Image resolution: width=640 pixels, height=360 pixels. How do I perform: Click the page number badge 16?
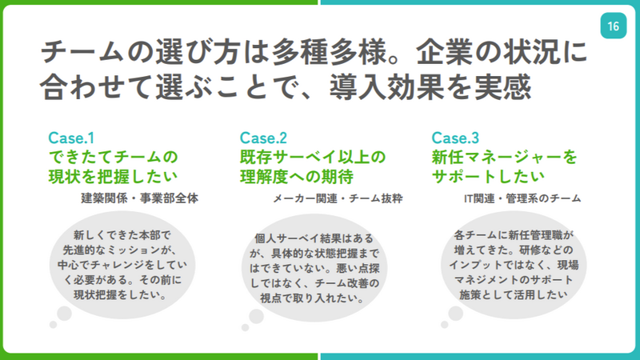(613, 26)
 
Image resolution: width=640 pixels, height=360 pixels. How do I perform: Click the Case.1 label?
(71, 138)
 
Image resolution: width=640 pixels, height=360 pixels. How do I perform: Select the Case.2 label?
(263, 138)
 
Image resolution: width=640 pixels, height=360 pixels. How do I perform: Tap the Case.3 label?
(455, 138)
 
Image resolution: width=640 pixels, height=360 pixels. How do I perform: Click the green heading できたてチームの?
(113, 157)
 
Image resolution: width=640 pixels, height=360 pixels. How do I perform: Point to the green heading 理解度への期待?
(297, 177)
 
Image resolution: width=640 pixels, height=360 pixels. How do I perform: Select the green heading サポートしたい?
(488, 177)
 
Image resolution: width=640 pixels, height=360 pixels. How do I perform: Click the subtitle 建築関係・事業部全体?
(139, 198)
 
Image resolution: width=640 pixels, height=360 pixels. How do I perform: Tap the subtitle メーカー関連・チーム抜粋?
(338, 198)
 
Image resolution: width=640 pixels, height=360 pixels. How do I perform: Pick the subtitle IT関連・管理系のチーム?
(522, 198)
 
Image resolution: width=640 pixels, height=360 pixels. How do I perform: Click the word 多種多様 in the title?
(329, 52)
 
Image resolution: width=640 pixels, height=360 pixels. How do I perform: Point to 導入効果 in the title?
(386, 87)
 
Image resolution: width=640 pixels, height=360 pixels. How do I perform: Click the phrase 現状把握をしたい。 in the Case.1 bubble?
(121, 294)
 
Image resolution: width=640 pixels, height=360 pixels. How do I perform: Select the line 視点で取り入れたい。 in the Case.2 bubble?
(313, 298)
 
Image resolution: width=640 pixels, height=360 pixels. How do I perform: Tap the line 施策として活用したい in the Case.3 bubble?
(514, 294)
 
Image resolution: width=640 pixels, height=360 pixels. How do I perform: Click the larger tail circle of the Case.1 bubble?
(64, 314)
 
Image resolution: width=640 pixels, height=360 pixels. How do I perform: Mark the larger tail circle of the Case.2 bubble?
(256, 316)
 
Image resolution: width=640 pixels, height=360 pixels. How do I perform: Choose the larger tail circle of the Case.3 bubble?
(455, 314)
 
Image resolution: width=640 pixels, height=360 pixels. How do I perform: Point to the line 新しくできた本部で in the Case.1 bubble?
(122, 235)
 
